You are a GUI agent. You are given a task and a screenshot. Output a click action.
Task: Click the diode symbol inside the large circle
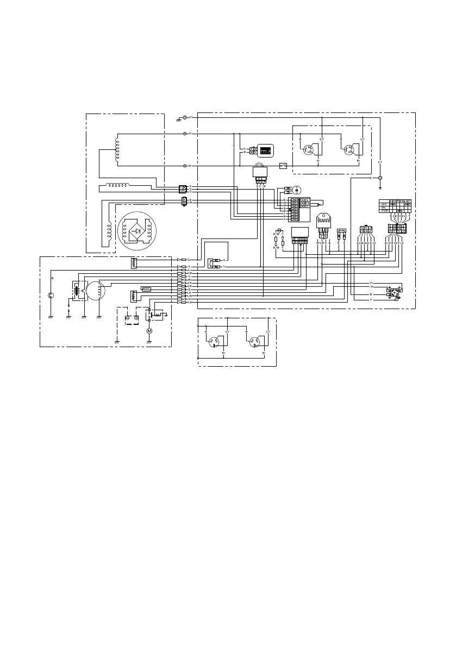(138, 230)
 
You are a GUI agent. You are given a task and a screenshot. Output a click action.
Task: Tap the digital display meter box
(265, 150)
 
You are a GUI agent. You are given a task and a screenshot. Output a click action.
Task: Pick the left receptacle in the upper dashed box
(313, 149)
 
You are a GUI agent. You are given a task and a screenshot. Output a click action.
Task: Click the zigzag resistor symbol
(146, 289)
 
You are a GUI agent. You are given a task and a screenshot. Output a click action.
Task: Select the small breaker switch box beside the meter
(283, 165)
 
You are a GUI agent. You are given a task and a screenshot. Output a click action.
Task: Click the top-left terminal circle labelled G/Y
(185, 117)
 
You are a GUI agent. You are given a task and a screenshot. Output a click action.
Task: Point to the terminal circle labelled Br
(185, 165)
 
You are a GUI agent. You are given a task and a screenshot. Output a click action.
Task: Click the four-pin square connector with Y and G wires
(184, 189)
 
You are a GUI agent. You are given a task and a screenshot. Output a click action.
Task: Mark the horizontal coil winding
(122, 185)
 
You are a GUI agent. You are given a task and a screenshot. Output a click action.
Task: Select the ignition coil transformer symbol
(77, 290)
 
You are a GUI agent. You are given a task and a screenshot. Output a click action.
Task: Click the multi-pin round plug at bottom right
(393, 292)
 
